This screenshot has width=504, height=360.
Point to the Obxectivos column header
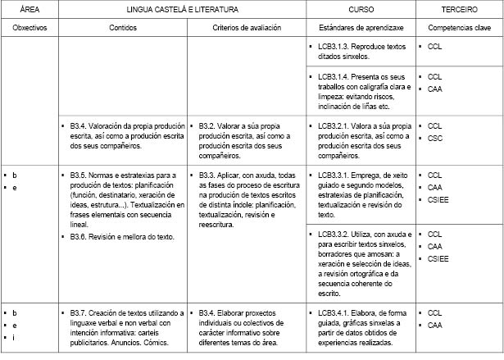(x=29, y=27)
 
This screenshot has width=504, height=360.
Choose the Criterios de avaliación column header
(x=247, y=27)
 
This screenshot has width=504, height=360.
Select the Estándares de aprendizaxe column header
(x=361, y=27)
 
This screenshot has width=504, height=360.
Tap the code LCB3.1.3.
(x=334, y=48)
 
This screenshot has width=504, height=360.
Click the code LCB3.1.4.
(x=334, y=76)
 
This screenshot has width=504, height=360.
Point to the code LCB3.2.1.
(x=334, y=125)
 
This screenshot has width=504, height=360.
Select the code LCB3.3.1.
(x=334, y=175)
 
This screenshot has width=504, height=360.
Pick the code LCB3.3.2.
(x=334, y=234)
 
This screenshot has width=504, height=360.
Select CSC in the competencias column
(x=434, y=139)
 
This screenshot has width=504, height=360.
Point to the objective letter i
(x=14, y=338)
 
